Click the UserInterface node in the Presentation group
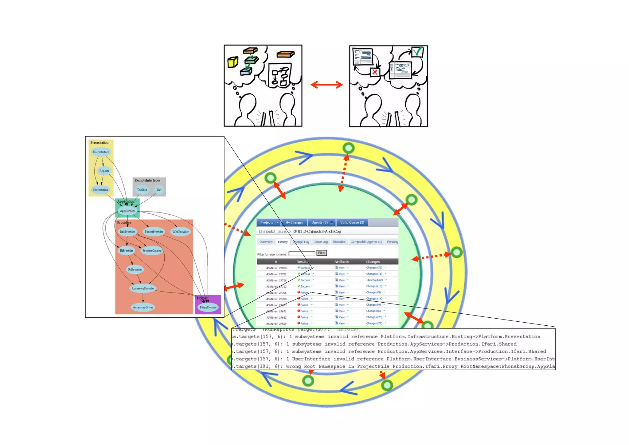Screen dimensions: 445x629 coord(101,152)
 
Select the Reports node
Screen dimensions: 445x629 coord(104,171)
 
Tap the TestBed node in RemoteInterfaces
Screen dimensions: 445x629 coord(142,190)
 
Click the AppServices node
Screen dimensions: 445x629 coord(127,211)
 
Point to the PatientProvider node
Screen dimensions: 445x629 coord(154,232)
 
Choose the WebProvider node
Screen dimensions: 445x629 coord(181,232)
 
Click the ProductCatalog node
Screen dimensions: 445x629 coord(152,251)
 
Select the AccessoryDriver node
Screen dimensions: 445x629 coord(143,307)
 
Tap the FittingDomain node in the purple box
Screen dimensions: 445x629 coord(208,307)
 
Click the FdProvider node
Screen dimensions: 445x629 coord(135,269)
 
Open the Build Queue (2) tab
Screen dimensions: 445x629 coord(352,222)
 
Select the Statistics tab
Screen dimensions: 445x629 coord(339,242)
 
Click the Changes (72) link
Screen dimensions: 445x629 coord(374,268)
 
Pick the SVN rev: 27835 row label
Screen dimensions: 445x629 coord(276,268)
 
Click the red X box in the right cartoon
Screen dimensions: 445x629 coord(374,72)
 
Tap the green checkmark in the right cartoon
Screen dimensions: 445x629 coord(417,52)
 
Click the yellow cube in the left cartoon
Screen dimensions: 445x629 coord(232,62)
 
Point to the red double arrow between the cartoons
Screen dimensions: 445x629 coord(326,85)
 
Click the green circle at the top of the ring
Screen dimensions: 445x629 coord(348,148)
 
